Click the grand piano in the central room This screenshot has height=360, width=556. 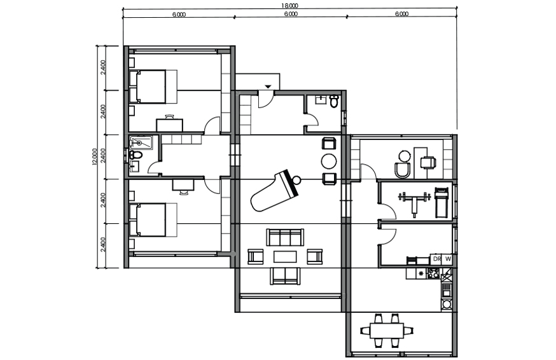pyautogui.click(x=274, y=191)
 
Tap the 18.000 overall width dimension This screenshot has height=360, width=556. pyautogui.click(x=290, y=5)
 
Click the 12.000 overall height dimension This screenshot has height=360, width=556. pyautogui.click(x=94, y=156)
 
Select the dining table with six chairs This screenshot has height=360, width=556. pyautogui.click(x=387, y=330)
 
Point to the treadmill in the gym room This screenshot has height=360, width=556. pyautogui.click(x=441, y=202)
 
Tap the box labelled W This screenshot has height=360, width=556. pyautogui.click(x=448, y=259)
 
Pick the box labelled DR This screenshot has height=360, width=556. pyautogui.click(x=437, y=259)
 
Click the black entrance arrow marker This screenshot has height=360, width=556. pyautogui.click(x=268, y=87)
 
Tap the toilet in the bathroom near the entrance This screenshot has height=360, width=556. pyautogui.click(x=334, y=100)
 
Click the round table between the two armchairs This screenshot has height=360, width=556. pyautogui.click(x=329, y=162)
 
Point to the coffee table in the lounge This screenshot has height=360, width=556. pyautogui.click(x=285, y=256)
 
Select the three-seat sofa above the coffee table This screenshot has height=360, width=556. pyautogui.click(x=285, y=237)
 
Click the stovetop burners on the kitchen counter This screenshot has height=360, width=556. pyautogui.click(x=434, y=273)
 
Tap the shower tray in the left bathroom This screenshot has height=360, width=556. pyautogui.click(x=141, y=142)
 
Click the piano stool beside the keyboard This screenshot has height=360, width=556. pyautogui.click(x=296, y=180)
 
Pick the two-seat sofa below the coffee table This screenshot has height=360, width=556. pyautogui.click(x=285, y=276)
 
